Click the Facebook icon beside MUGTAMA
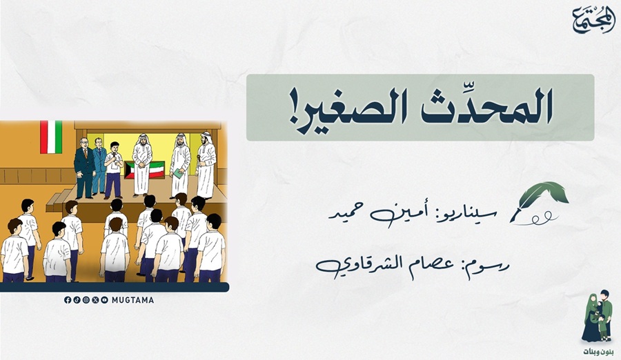click(68, 300)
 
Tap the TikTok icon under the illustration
click(77, 300)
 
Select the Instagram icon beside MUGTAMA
click(86, 300)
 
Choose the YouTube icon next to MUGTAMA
click(105, 300)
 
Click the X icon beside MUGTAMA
click(95, 300)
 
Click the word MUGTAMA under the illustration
click(132, 300)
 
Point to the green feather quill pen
click(540, 202)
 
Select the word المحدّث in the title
click(486, 106)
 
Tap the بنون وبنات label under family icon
click(598, 352)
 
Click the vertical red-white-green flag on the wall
click(51, 137)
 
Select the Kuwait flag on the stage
click(145, 170)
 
